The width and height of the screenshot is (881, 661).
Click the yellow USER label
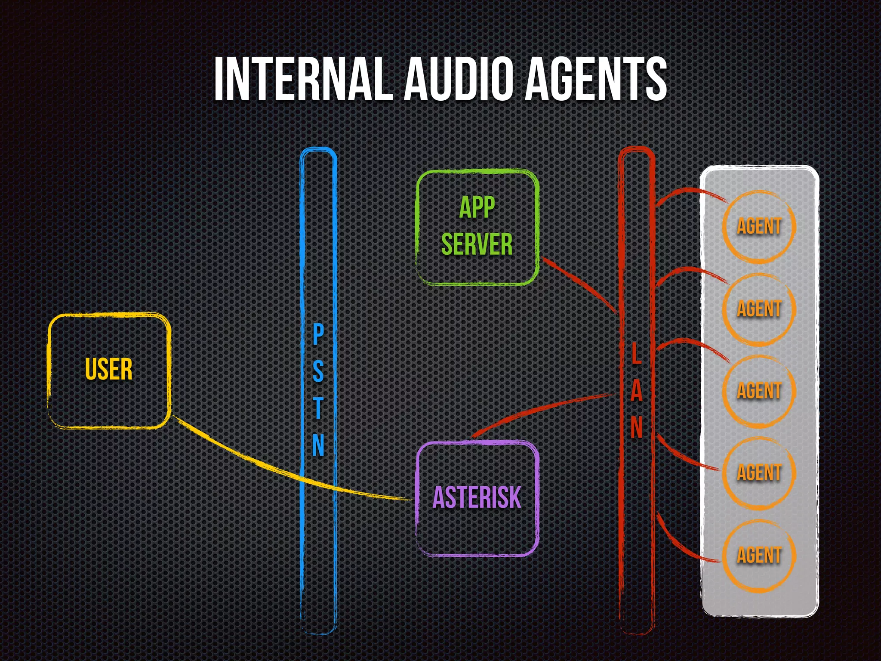click(x=109, y=369)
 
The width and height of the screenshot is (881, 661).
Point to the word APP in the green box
click(x=477, y=207)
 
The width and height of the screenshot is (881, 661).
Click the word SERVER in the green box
click(x=477, y=244)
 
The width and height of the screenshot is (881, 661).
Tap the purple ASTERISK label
click(x=477, y=497)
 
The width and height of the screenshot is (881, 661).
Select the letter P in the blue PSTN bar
click(x=318, y=335)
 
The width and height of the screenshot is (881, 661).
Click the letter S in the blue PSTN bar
click(x=318, y=371)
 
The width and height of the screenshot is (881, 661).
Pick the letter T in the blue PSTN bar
click(x=318, y=408)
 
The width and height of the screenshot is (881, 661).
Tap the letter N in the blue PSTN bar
click(x=318, y=445)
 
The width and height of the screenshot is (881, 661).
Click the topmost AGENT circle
click(x=759, y=227)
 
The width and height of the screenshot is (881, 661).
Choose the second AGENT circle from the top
click(x=759, y=309)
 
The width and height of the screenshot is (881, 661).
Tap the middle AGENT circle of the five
click(x=759, y=391)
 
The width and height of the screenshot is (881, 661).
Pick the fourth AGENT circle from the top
click(x=759, y=473)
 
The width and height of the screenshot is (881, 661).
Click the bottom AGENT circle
click(x=759, y=555)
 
